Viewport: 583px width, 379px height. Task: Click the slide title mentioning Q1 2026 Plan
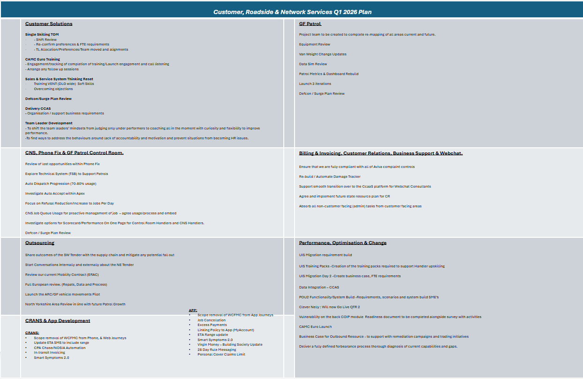click(x=292, y=12)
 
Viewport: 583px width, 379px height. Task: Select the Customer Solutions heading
click(x=49, y=24)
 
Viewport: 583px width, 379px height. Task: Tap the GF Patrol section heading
click(x=310, y=24)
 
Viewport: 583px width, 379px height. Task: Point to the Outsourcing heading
click(x=40, y=243)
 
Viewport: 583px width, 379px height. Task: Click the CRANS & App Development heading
click(x=58, y=321)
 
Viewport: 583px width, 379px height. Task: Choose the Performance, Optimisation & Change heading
click(x=343, y=243)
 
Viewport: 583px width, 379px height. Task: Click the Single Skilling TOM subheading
click(x=42, y=35)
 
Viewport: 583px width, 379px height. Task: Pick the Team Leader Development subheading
click(x=49, y=123)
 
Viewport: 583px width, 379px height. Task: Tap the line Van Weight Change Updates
click(x=323, y=54)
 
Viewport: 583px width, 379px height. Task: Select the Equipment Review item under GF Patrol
click(x=315, y=45)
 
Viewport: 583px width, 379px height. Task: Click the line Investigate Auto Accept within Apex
click(x=55, y=194)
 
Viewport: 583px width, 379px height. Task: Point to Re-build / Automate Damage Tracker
click(x=330, y=177)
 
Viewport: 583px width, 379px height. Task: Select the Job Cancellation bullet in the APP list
click(x=212, y=320)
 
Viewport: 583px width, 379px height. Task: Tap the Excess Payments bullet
click(x=212, y=325)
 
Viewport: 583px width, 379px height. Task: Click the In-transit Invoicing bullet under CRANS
click(x=49, y=353)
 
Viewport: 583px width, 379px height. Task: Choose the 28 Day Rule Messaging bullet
click(x=217, y=349)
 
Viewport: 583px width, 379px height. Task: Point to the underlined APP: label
click(x=193, y=311)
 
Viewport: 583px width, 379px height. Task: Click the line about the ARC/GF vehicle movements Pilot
click(x=69, y=295)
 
